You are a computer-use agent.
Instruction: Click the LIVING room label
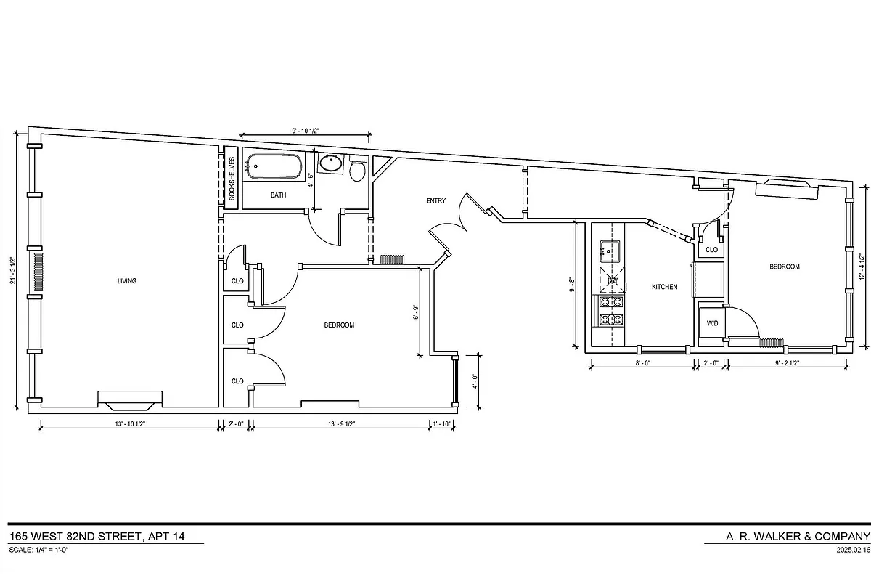tap(126, 281)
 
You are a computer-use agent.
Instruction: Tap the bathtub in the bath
tap(272, 167)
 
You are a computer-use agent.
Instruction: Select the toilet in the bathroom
tap(357, 170)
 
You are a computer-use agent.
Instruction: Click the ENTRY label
tap(436, 201)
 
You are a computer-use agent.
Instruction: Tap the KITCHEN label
tap(664, 287)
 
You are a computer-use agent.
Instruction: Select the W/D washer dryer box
tap(712, 323)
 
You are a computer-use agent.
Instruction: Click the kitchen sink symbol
tap(608, 252)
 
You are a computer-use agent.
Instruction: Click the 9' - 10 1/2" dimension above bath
tap(306, 131)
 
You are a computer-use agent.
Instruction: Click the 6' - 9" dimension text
tap(416, 312)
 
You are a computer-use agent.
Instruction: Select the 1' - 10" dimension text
tap(441, 423)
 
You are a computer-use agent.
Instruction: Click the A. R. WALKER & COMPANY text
tap(787, 537)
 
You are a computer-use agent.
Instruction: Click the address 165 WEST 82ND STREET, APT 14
tap(97, 537)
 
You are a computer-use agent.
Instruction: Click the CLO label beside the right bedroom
tap(711, 250)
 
